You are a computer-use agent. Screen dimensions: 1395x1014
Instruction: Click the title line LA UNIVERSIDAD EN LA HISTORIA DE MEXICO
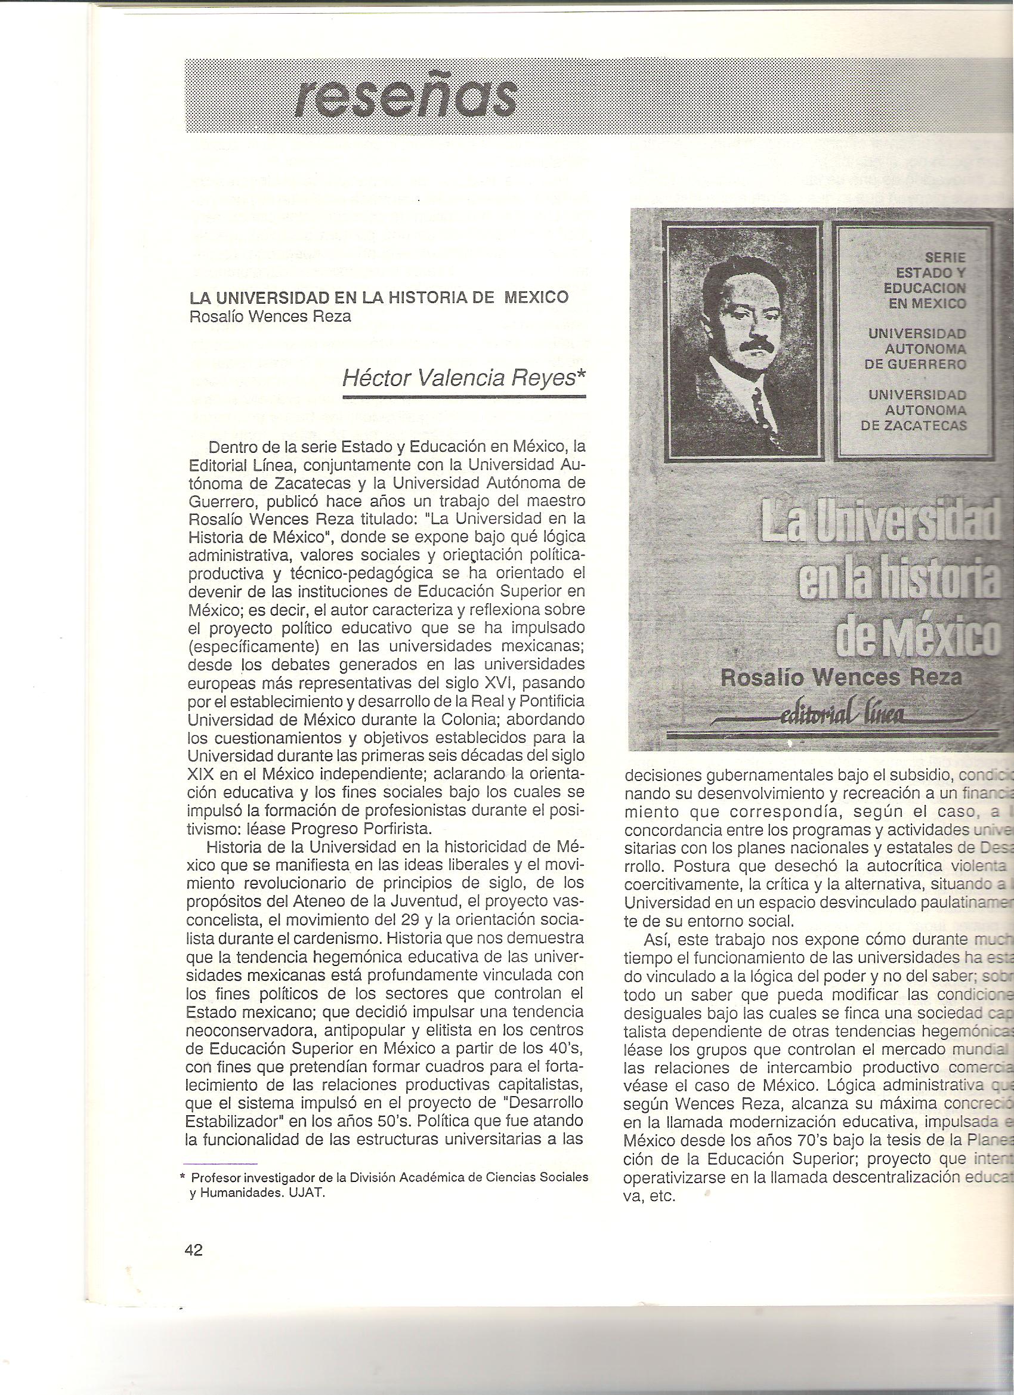coord(378,297)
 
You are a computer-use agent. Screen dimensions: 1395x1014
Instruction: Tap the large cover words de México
coord(916,636)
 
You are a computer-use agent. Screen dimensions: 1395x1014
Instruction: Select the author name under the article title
coord(271,317)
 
